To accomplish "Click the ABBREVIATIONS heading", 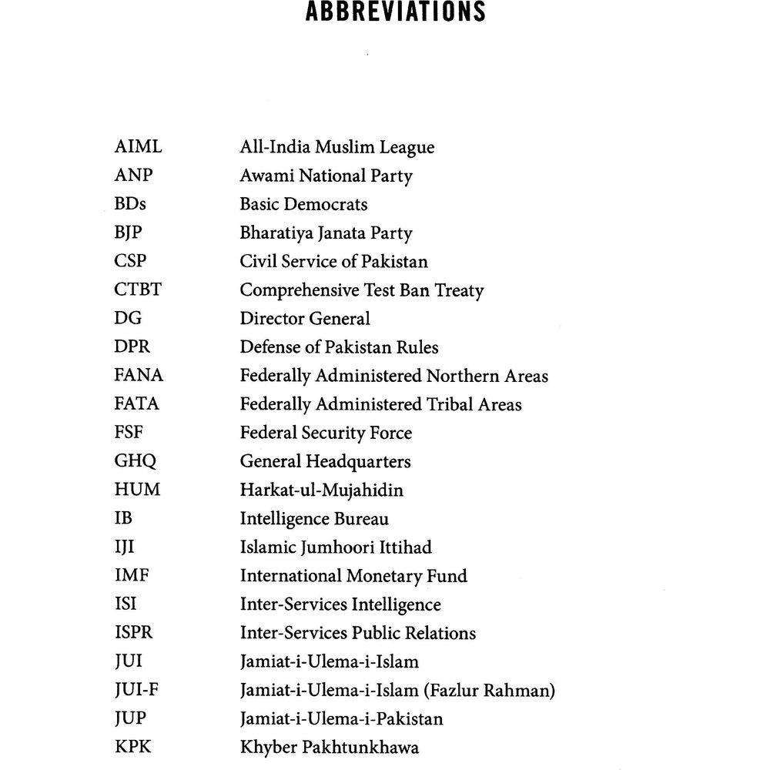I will (x=395, y=13).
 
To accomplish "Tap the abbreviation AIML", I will (x=138, y=147).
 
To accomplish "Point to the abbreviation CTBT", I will (x=138, y=290).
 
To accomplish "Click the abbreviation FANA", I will (x=139, y=376).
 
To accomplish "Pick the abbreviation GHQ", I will (x=135, y=461).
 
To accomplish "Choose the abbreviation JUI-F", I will (x=136, y=690).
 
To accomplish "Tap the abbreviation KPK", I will (x=133, y=747).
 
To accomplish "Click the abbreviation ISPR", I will (x=133, y=633).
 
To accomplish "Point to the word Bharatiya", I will (x=276, y=233).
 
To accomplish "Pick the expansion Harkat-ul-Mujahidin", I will (x=321, y=490).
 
